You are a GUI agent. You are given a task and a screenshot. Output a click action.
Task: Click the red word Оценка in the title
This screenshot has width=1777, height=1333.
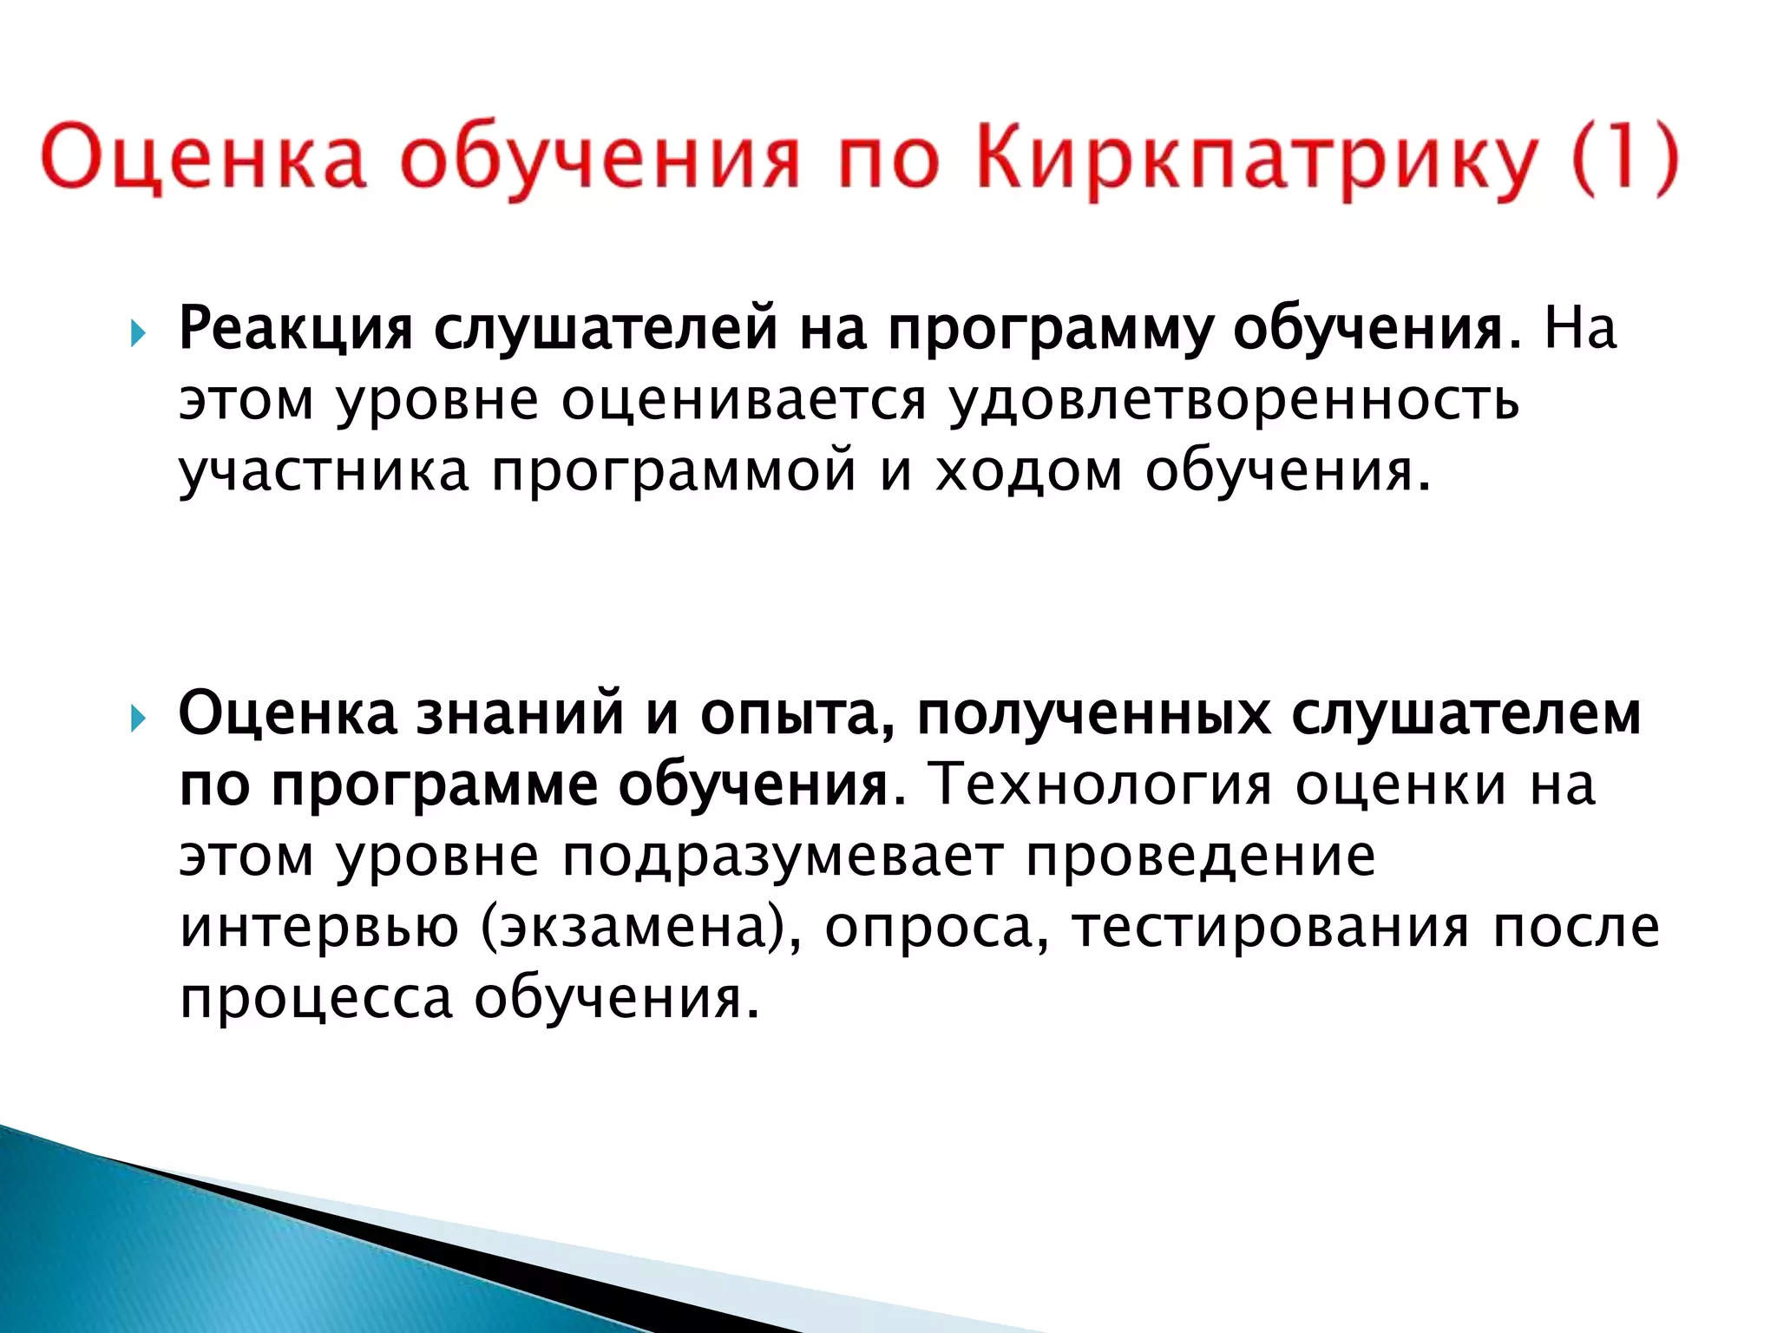point(203,160)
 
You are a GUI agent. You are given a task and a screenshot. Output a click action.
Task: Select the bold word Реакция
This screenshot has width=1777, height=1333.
point(295,329)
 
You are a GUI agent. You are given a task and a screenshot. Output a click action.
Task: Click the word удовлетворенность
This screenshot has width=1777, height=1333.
point(1233,401)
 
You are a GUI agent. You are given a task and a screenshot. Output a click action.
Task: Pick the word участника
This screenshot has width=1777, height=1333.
point(324,471)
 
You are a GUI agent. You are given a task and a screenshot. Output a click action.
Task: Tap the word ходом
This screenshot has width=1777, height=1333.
point(1028,471)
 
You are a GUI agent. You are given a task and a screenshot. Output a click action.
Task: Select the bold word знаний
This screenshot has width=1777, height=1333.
point(520,714)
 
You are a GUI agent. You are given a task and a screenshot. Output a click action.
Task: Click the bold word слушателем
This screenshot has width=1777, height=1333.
point(1466,714)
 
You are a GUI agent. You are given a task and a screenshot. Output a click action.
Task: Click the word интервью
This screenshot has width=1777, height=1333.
point(318,927)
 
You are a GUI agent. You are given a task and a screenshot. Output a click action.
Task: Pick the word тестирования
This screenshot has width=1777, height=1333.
point(1270,927)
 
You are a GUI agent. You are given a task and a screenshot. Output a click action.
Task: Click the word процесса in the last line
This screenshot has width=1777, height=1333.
point(316,998)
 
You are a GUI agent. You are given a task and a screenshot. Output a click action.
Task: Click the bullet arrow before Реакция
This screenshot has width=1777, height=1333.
point(137,332)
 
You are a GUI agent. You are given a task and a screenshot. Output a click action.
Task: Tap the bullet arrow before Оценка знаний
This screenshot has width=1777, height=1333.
point(137,718)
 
